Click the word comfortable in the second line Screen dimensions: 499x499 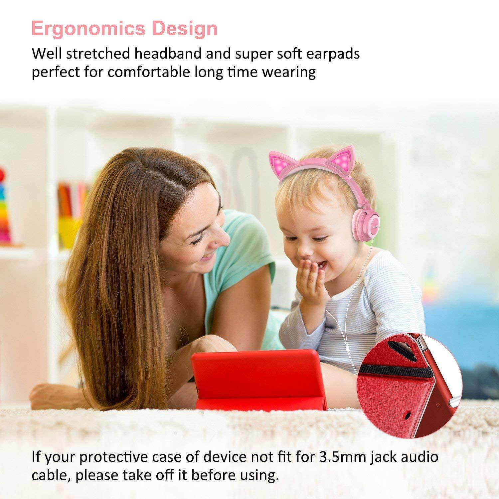pos(149,72)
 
